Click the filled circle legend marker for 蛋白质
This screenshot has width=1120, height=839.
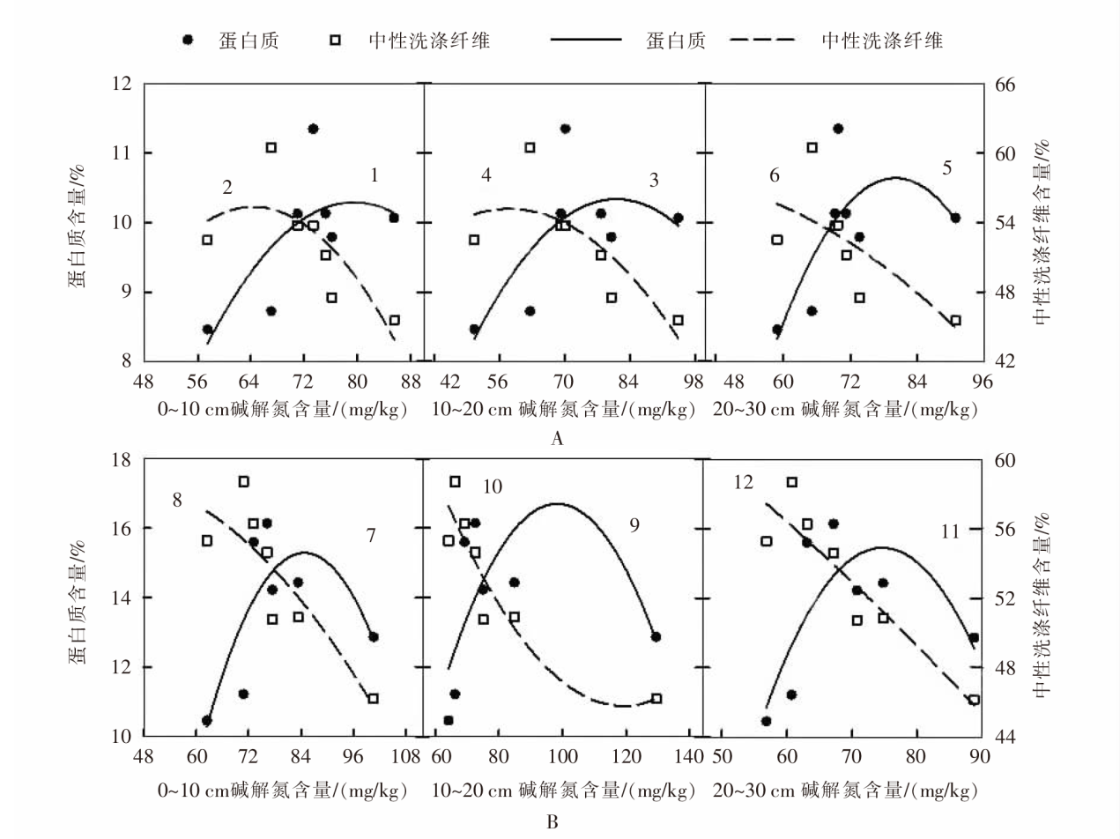click(x=188, y=41)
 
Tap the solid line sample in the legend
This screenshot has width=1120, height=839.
click(x=586, y=41)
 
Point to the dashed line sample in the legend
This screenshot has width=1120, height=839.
click(x=763, y=41)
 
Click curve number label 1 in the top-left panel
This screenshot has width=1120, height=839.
click(x=375, y=175)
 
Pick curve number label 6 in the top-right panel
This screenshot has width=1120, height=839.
click(x=775, y=175)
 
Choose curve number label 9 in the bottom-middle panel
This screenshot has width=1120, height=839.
click(x=634, y=525)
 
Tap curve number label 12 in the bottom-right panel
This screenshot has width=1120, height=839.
click(x=744, y=483)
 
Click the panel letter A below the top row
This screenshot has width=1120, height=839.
click(x=556, y=439)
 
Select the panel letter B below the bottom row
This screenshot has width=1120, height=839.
click(x=553, y=823)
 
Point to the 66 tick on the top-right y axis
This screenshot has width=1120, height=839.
click(x=1006, y=85)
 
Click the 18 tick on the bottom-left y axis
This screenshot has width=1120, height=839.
click(x=119, y=460)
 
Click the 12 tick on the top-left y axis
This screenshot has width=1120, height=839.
click(x=119, y=85)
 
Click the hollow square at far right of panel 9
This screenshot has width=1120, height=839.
click(x=656, y=698)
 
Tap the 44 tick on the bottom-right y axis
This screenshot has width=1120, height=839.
click(x=1006, y=737)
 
